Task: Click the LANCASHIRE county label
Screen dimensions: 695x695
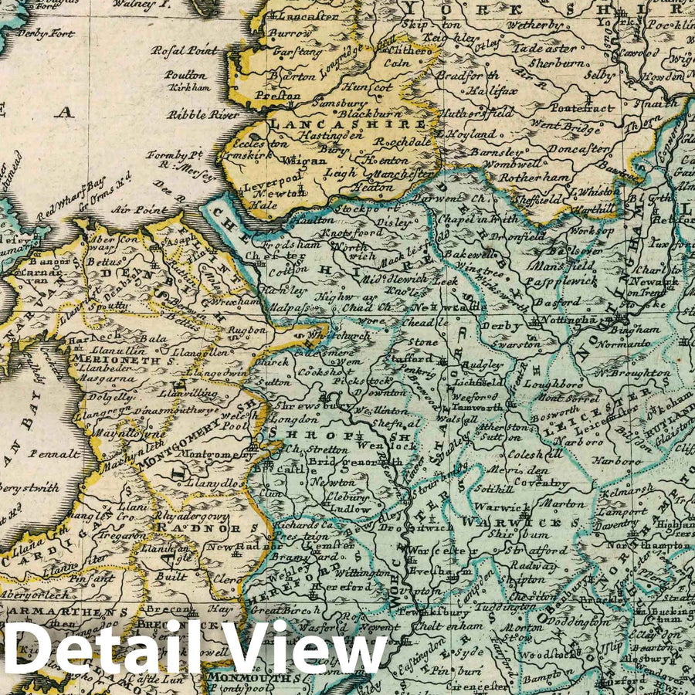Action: pyautogui.click(x=346, y=124)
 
